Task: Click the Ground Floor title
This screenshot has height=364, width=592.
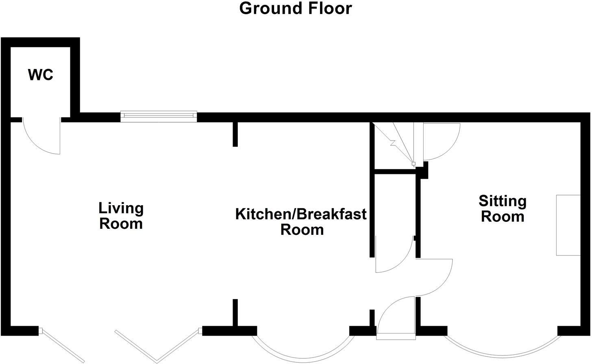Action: (296, 9)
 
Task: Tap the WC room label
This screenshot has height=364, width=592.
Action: (41, 75)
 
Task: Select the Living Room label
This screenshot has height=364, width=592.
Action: (121, 216)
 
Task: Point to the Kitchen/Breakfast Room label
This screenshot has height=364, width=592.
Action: (301, 222)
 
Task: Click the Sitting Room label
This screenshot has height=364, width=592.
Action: (503, 209)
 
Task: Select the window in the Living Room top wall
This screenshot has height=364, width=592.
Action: (159, 117)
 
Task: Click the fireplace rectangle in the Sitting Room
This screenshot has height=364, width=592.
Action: (568, 225)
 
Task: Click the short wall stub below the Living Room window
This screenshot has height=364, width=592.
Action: (235, 134)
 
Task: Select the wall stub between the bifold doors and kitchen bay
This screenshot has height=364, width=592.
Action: (235, 313)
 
